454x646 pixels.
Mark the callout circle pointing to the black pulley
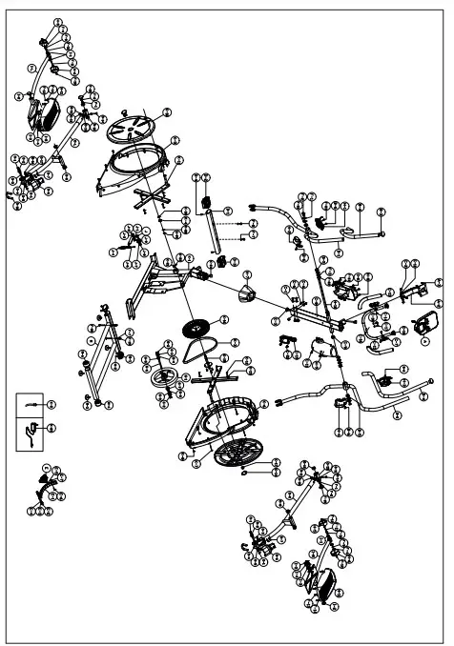pos(224,319)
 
